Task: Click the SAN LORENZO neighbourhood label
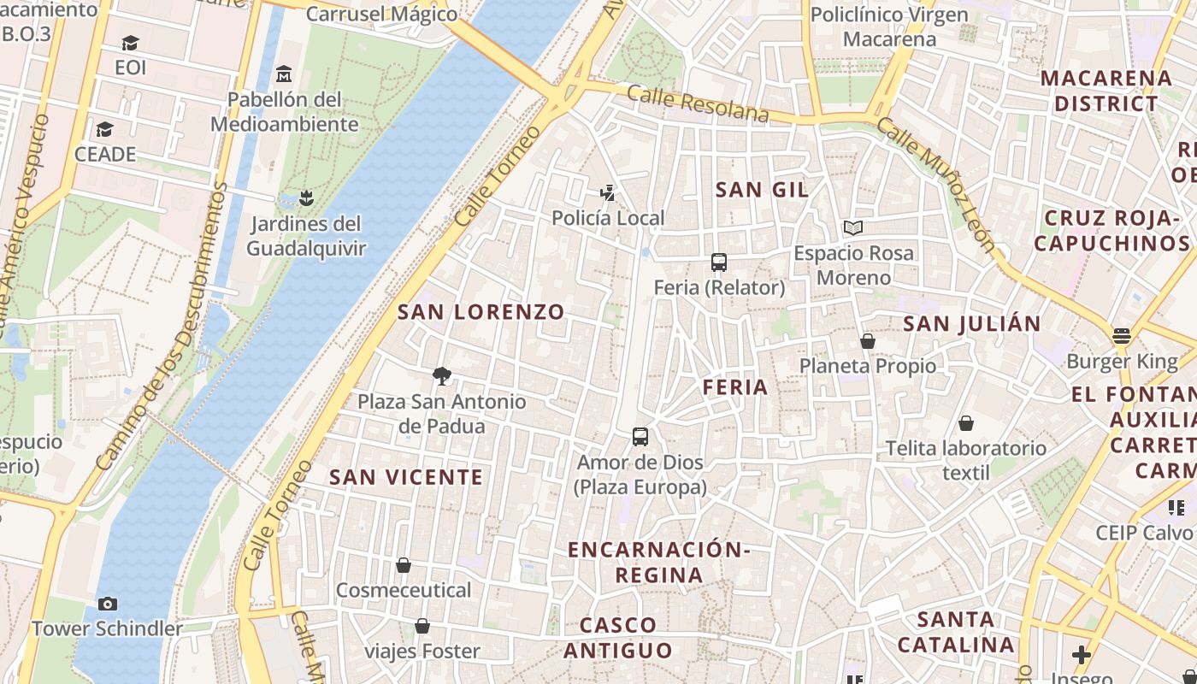(481, 312)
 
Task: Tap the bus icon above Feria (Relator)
(719, 262)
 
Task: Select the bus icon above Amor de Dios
(640, 437)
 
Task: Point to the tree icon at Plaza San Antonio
(442, 375)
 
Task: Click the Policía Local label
(608, 218)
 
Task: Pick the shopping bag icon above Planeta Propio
(868, 341)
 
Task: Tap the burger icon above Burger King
(1122, 336)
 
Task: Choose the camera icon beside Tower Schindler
(107, 604)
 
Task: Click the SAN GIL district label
(762, 190)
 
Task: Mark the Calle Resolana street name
(698, 103)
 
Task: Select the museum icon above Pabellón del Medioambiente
(284, 74)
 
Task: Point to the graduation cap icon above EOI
(130, 43)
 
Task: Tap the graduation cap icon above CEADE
(105, 129)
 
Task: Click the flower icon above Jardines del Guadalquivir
(306, 199)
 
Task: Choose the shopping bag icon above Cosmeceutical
(404, 565)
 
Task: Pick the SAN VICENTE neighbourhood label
(406, 477)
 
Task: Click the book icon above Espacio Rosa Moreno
(853, 227)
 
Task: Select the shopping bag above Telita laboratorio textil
(966, 423)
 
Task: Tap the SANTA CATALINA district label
(956, 632)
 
